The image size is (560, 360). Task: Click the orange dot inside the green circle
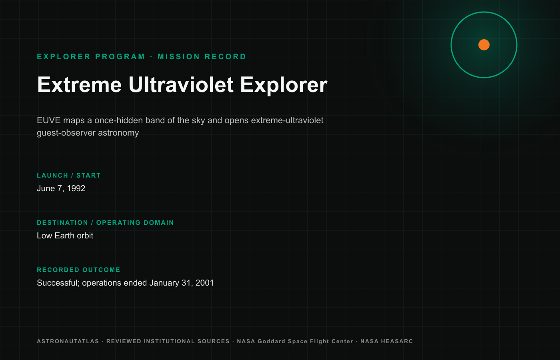(x=484, y=45)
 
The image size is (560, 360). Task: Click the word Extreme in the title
(x=80, y=85)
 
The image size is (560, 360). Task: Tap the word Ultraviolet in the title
(x=181, y=85)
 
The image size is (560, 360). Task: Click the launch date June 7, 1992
(x=61, y=188)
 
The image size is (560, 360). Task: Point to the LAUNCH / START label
(x=69, y=176)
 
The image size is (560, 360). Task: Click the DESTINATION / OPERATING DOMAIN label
(x=105, y=223)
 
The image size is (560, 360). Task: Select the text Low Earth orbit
(x=65, y=236)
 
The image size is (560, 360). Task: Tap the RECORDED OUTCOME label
(x=78, y=270)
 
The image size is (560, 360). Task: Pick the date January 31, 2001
(x=182, y=283)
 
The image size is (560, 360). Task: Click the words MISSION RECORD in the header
(x=202, y=57)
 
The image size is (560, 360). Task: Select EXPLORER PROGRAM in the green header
(x=91, y=57)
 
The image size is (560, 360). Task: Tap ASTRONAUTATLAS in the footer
(x=68, y=341)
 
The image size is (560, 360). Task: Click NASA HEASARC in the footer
(x=386, y=341)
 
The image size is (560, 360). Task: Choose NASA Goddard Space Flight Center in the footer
(x=295, y=342)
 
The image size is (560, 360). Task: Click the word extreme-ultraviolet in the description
(x=287, y=120)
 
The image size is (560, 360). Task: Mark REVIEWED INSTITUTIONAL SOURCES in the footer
(x=168, y=341)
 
